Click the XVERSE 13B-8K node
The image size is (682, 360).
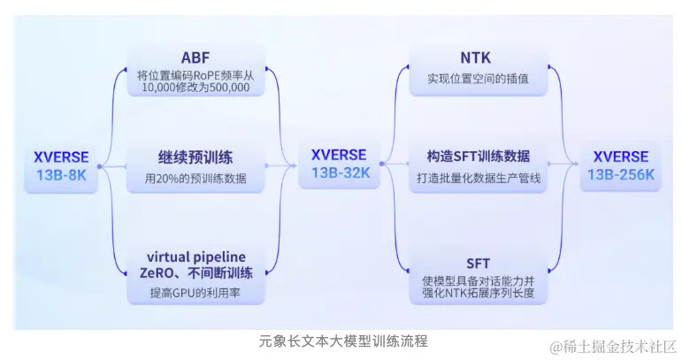[x=61, y=165]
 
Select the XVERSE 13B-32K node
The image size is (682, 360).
[x=340, y=164]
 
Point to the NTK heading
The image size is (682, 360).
[x=477, y=59]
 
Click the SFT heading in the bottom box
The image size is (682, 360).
[x=477, y=263]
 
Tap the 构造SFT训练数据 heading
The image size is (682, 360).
[x=478, y=157]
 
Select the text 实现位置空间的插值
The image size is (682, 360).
[x=477, y=80]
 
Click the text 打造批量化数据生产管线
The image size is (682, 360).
[x=478, y=179]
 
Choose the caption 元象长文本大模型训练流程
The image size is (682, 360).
[x=343, y=341]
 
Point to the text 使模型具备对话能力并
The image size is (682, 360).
[x=477, y=280]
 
